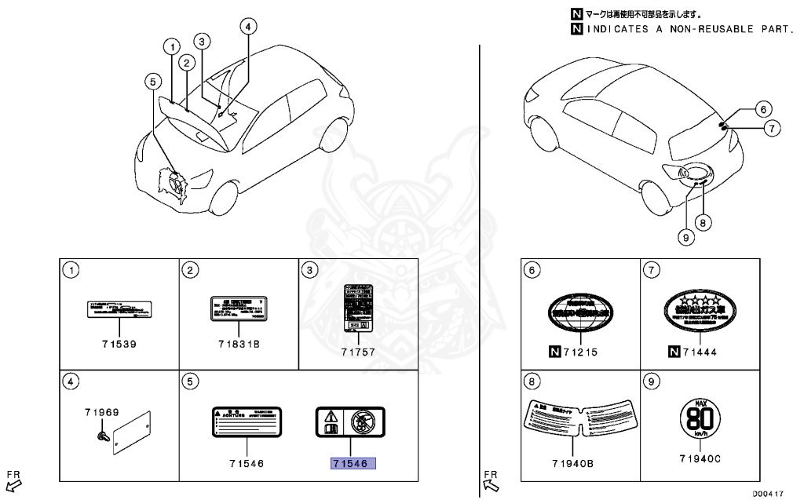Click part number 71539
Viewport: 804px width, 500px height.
119,345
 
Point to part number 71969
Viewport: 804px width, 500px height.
102,411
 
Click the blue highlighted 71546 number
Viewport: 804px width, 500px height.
353,464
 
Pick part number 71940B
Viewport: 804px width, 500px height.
581,463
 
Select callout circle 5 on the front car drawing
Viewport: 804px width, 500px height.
154,80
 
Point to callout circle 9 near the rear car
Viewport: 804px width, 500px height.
685,235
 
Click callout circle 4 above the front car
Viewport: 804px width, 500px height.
247,27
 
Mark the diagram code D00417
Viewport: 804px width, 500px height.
769,494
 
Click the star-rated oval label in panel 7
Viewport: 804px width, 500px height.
701,310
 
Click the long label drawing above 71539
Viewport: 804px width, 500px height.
118,308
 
